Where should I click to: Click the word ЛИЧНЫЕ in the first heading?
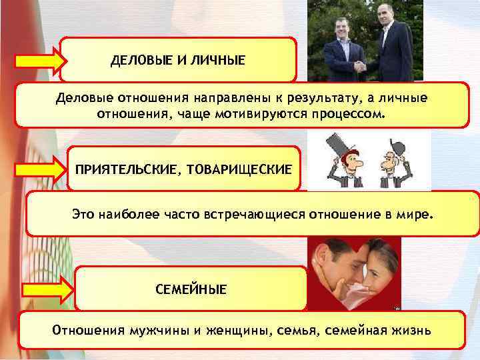(218, 61)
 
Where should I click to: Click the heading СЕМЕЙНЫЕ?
(191, 289)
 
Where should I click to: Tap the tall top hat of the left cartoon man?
(333, 143)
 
